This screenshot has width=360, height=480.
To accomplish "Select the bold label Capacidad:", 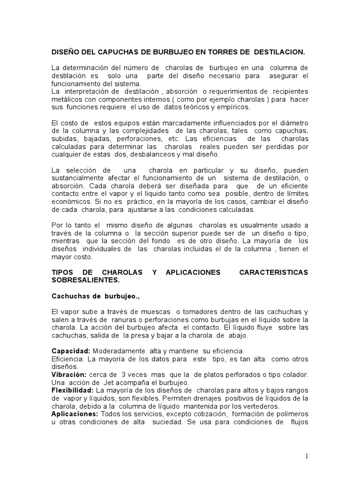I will click(71, 351).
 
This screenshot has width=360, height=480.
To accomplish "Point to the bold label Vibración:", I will click(69, 375).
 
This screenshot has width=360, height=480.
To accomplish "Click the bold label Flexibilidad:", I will click(72, 390).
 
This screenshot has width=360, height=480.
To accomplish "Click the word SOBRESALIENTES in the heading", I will click(85, 280).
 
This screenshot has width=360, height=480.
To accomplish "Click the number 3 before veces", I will click(123, 375).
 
